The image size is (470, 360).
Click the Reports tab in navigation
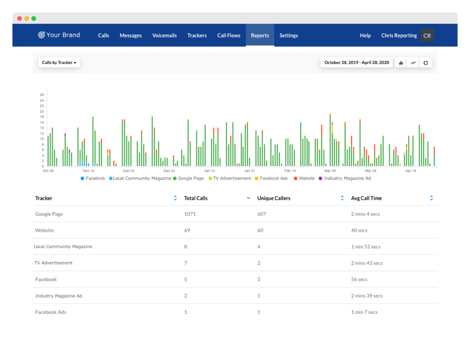(x=260, y=35)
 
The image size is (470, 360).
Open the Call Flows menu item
(x=229, y=35)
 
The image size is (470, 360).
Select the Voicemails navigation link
(x=164, y=35)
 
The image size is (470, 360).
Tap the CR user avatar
(x=427, y=35)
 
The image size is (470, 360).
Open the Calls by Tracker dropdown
(x=59, y=62)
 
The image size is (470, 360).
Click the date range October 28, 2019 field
(x=356, y=62)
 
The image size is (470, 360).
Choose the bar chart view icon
(x=401, y=63)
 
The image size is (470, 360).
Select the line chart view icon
(x=413, y=63)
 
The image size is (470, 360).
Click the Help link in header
(x=365, y=35)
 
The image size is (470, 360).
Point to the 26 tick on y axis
(x=42, y=95)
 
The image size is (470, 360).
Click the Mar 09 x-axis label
(x=330, y=171)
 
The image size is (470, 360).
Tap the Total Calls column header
(x=196, y=198)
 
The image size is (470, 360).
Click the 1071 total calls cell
(x=190, y=214)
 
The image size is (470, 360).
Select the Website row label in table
(x=45, y=231)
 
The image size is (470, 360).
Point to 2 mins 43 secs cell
(x=366, y=263)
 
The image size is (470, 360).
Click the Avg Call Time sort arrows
(x=431, y=198)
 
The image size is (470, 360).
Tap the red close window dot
(x=20, y=18)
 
